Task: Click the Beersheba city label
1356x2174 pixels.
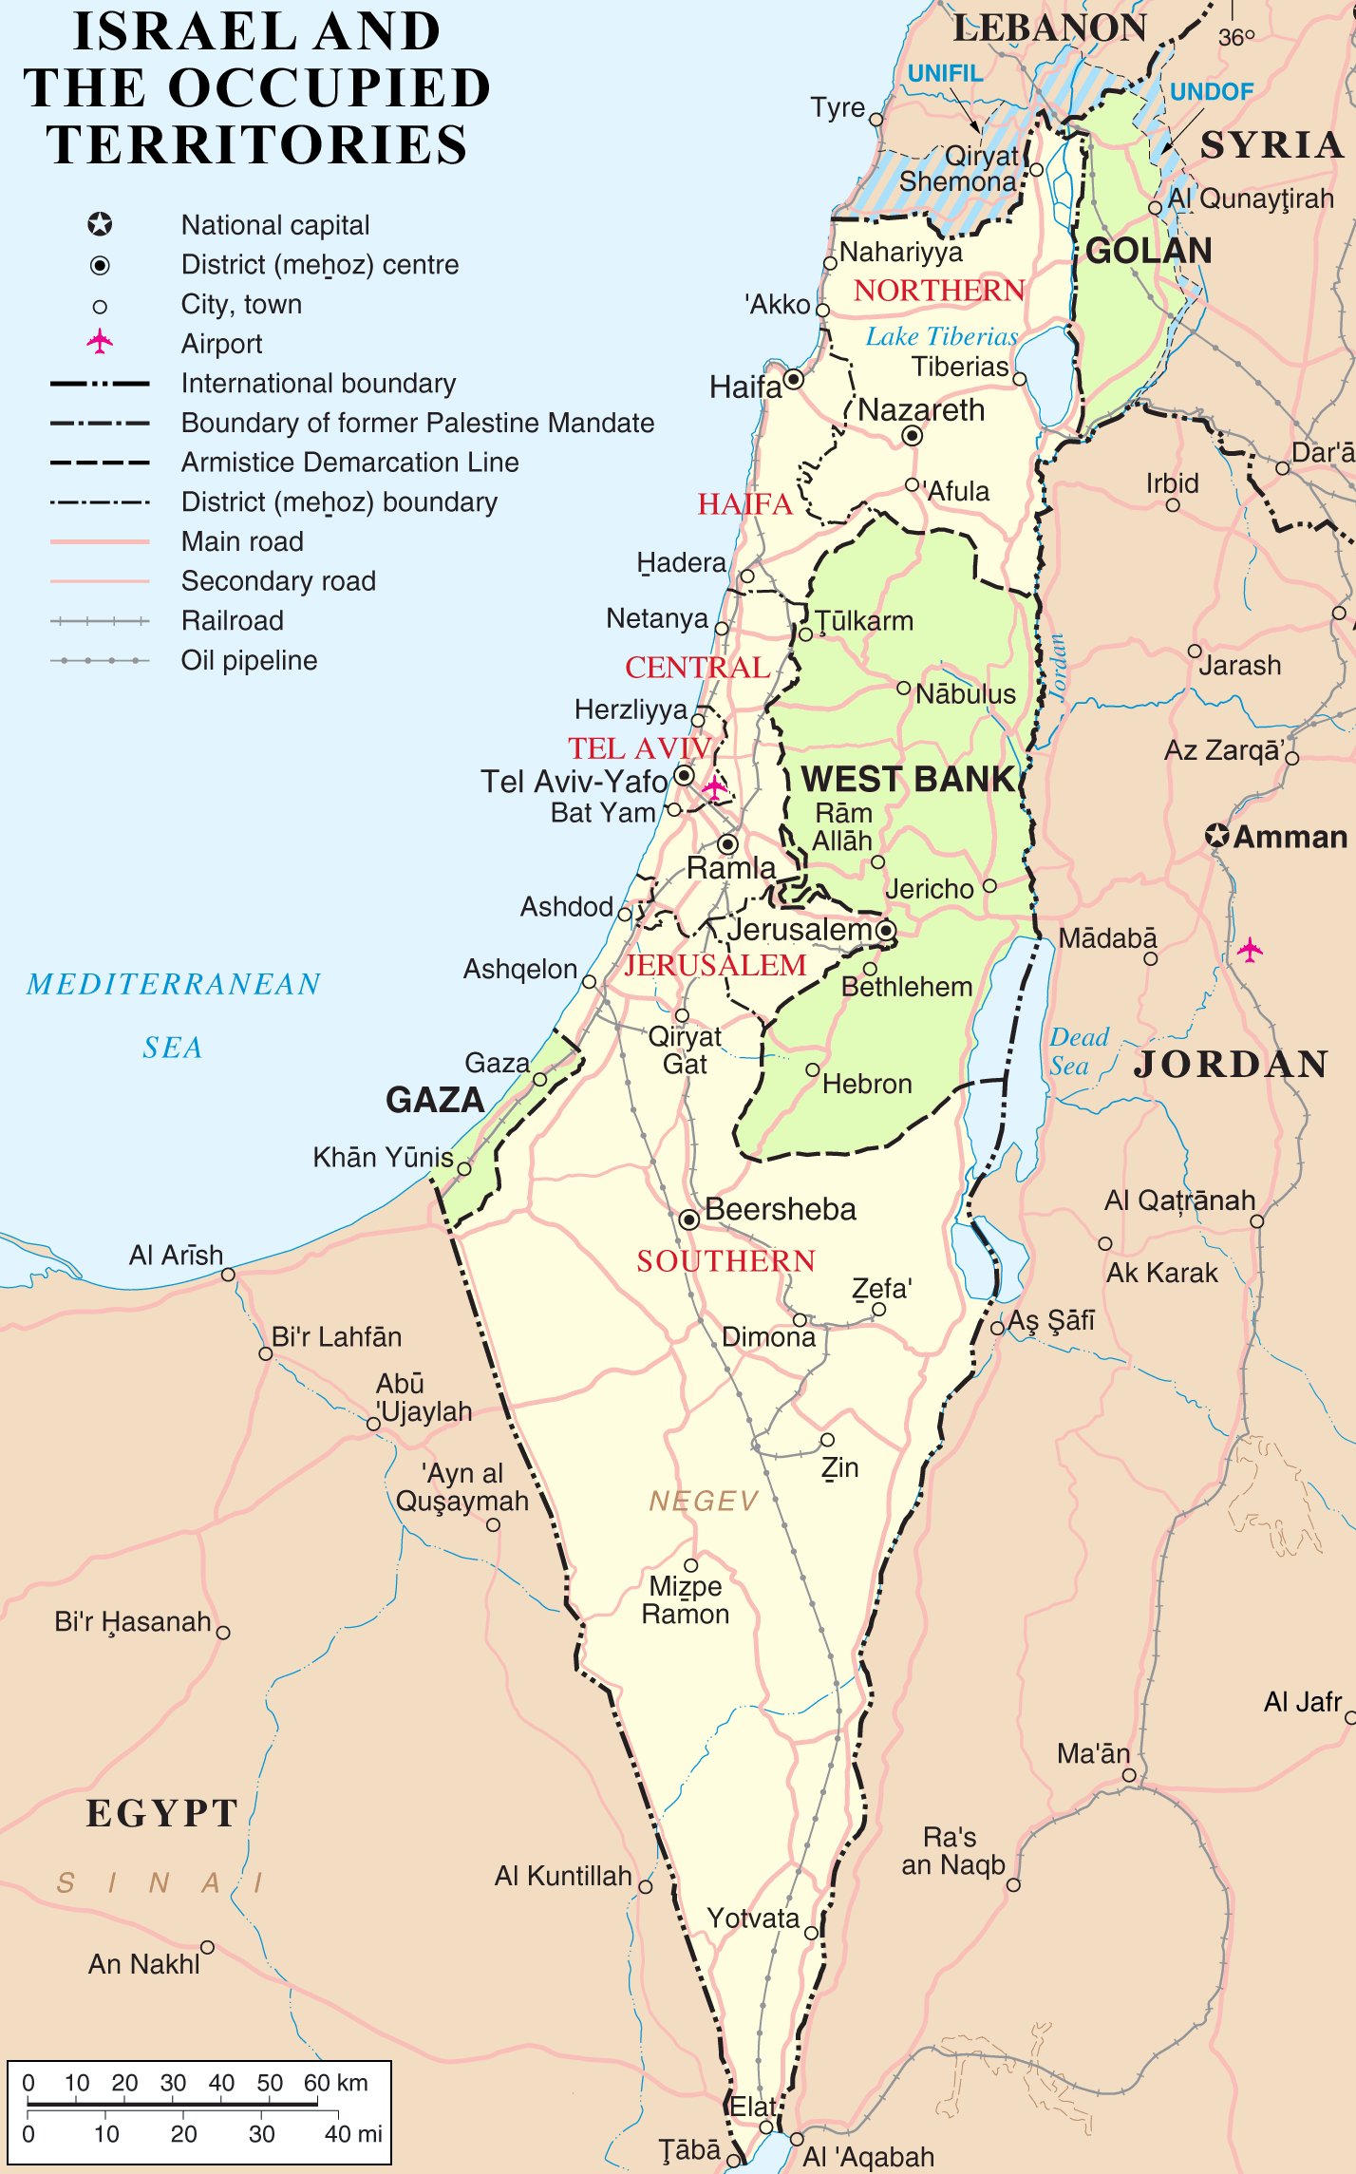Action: click(780, 1209)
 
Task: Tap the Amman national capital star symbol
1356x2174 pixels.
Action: click(1216, 836)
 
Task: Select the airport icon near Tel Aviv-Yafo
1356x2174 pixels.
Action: click(714, 786)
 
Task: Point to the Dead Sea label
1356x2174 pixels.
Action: click(1079, 1050)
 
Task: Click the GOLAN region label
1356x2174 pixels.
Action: click(1148, 251)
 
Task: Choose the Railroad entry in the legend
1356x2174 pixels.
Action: click(233, 620)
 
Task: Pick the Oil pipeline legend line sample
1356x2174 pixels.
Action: click(100, 660)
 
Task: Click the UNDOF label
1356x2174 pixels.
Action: click(1211, 91)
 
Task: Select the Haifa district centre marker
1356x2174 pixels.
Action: click(794, 379)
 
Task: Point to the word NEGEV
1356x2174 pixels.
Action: click(704, 1501)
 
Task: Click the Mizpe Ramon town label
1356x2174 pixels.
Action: click(686, 1599)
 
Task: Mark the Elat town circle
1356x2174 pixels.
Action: click(765, 2127)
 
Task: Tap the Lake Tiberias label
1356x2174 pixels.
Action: click(940, 336)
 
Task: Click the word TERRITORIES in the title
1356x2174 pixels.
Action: click(257, 144)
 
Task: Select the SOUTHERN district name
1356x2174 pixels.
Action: click(725, 1260)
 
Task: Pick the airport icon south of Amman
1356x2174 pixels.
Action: click(1250, 949)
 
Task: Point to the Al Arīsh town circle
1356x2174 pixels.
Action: click(228, 1274)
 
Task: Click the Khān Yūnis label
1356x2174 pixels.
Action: click(383, 1157)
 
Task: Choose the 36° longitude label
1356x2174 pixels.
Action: click(1235, 37)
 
